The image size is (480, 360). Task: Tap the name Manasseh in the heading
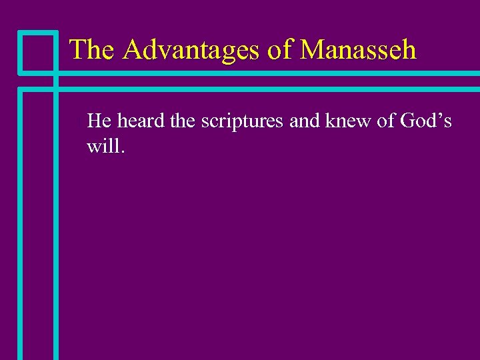359,50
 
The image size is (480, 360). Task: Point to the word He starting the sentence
99,121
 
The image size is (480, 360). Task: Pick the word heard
137,121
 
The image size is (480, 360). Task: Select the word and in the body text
304,121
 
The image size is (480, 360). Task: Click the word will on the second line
103,145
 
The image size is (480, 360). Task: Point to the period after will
122,151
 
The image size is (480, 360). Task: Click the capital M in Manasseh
314,50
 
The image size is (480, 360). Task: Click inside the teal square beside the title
37,51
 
